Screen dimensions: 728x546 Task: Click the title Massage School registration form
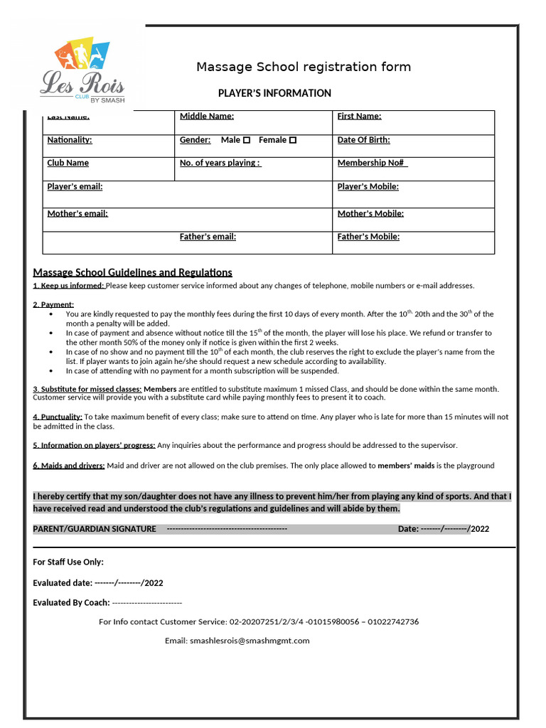pos(304,67)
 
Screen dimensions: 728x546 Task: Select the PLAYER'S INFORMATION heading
pos(274,93)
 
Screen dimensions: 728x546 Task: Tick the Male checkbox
pos(247,140)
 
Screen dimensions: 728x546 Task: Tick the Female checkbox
pos(293,140)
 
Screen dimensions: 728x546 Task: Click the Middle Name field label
pos(207,117)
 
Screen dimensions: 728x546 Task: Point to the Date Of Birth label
pos(363,140)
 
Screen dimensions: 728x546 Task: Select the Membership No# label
pos(372,163)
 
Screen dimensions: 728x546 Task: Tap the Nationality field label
pos(70,140)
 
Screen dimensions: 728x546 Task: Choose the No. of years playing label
pos(220,163)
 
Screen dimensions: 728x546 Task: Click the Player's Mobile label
pos(368,186)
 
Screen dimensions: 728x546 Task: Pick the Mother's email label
pos(77,213)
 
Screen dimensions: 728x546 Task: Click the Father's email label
pos(208,237)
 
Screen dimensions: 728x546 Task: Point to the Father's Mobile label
pos(368,237)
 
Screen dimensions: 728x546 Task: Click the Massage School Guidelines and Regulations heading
pos(132,272)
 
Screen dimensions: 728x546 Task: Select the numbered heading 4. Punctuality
pos(58,417)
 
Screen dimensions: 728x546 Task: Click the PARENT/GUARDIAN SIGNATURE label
pos(95,529)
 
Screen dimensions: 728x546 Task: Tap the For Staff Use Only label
pos(68,562)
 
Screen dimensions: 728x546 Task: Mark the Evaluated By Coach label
pos(71,603)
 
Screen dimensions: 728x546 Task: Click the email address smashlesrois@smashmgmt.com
pos(250,641)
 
